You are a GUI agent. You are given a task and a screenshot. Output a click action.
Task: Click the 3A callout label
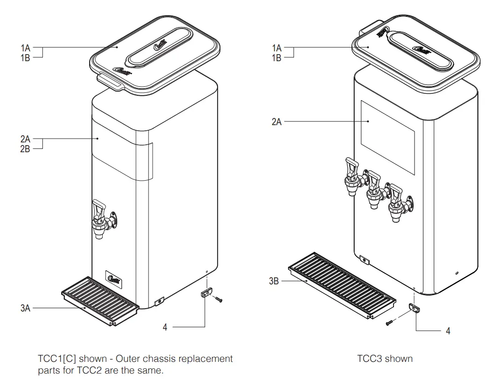[x=25, y=308]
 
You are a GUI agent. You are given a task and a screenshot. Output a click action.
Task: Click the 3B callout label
[x=274, y=282]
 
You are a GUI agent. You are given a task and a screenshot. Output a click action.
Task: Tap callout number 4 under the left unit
[x=165, y=327]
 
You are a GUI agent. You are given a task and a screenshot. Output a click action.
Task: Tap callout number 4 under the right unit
[x=448, y=331]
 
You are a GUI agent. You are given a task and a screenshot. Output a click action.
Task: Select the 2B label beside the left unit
[x=25, y=149]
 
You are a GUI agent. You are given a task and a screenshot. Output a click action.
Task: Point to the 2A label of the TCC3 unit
[x=277, y=122]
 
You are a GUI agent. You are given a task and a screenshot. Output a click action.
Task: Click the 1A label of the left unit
[x=25, y=48]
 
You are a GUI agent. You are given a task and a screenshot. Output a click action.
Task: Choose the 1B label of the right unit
[x=277, y=57]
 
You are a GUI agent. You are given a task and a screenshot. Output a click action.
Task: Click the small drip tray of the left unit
[x=100, y=300]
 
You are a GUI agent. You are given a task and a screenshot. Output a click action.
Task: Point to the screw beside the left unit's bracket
[x=219, y=300]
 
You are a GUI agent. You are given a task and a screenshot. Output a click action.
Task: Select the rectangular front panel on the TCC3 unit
[x=387, y=138]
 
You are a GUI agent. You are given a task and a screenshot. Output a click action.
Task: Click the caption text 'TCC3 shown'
[x=385, y=359]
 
